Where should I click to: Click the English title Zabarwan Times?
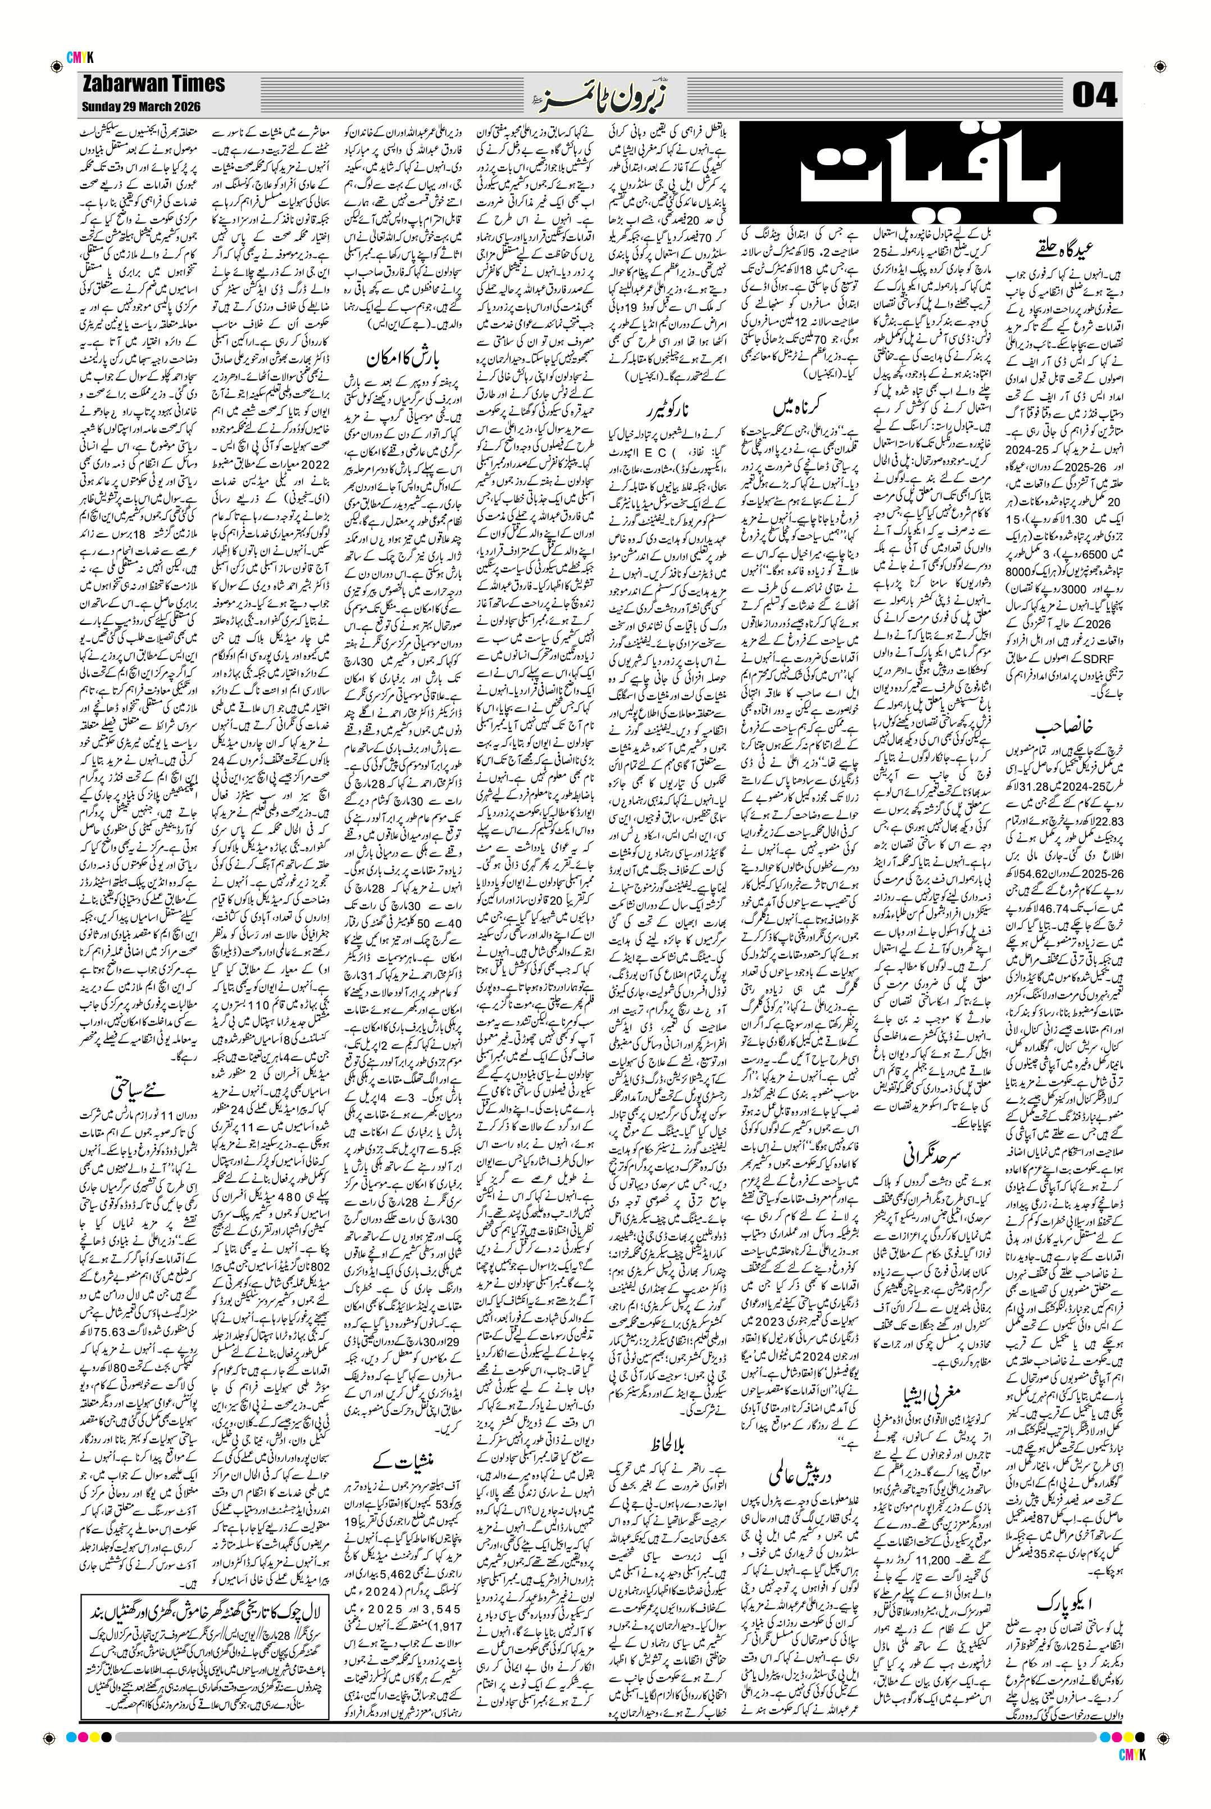pos(153,84)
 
